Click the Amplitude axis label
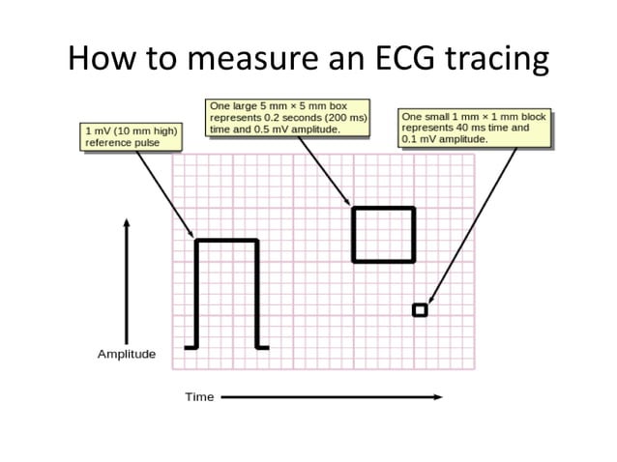point(127,355)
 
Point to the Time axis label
point(199,397)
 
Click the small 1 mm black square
point(420,309)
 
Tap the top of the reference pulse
point(227,241)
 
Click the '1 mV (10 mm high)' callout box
point(120,136)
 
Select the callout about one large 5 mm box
point(287,117)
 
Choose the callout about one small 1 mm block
point(474,128)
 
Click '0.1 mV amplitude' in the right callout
point(445,139)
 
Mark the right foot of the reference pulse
point(263,346)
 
